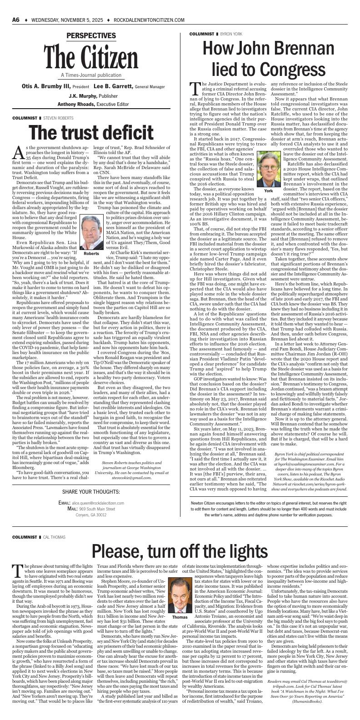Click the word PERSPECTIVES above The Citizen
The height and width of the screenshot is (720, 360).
[91, 36]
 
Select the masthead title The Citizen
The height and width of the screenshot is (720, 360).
[91, 58]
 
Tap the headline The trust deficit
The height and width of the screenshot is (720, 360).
[91, 132]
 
